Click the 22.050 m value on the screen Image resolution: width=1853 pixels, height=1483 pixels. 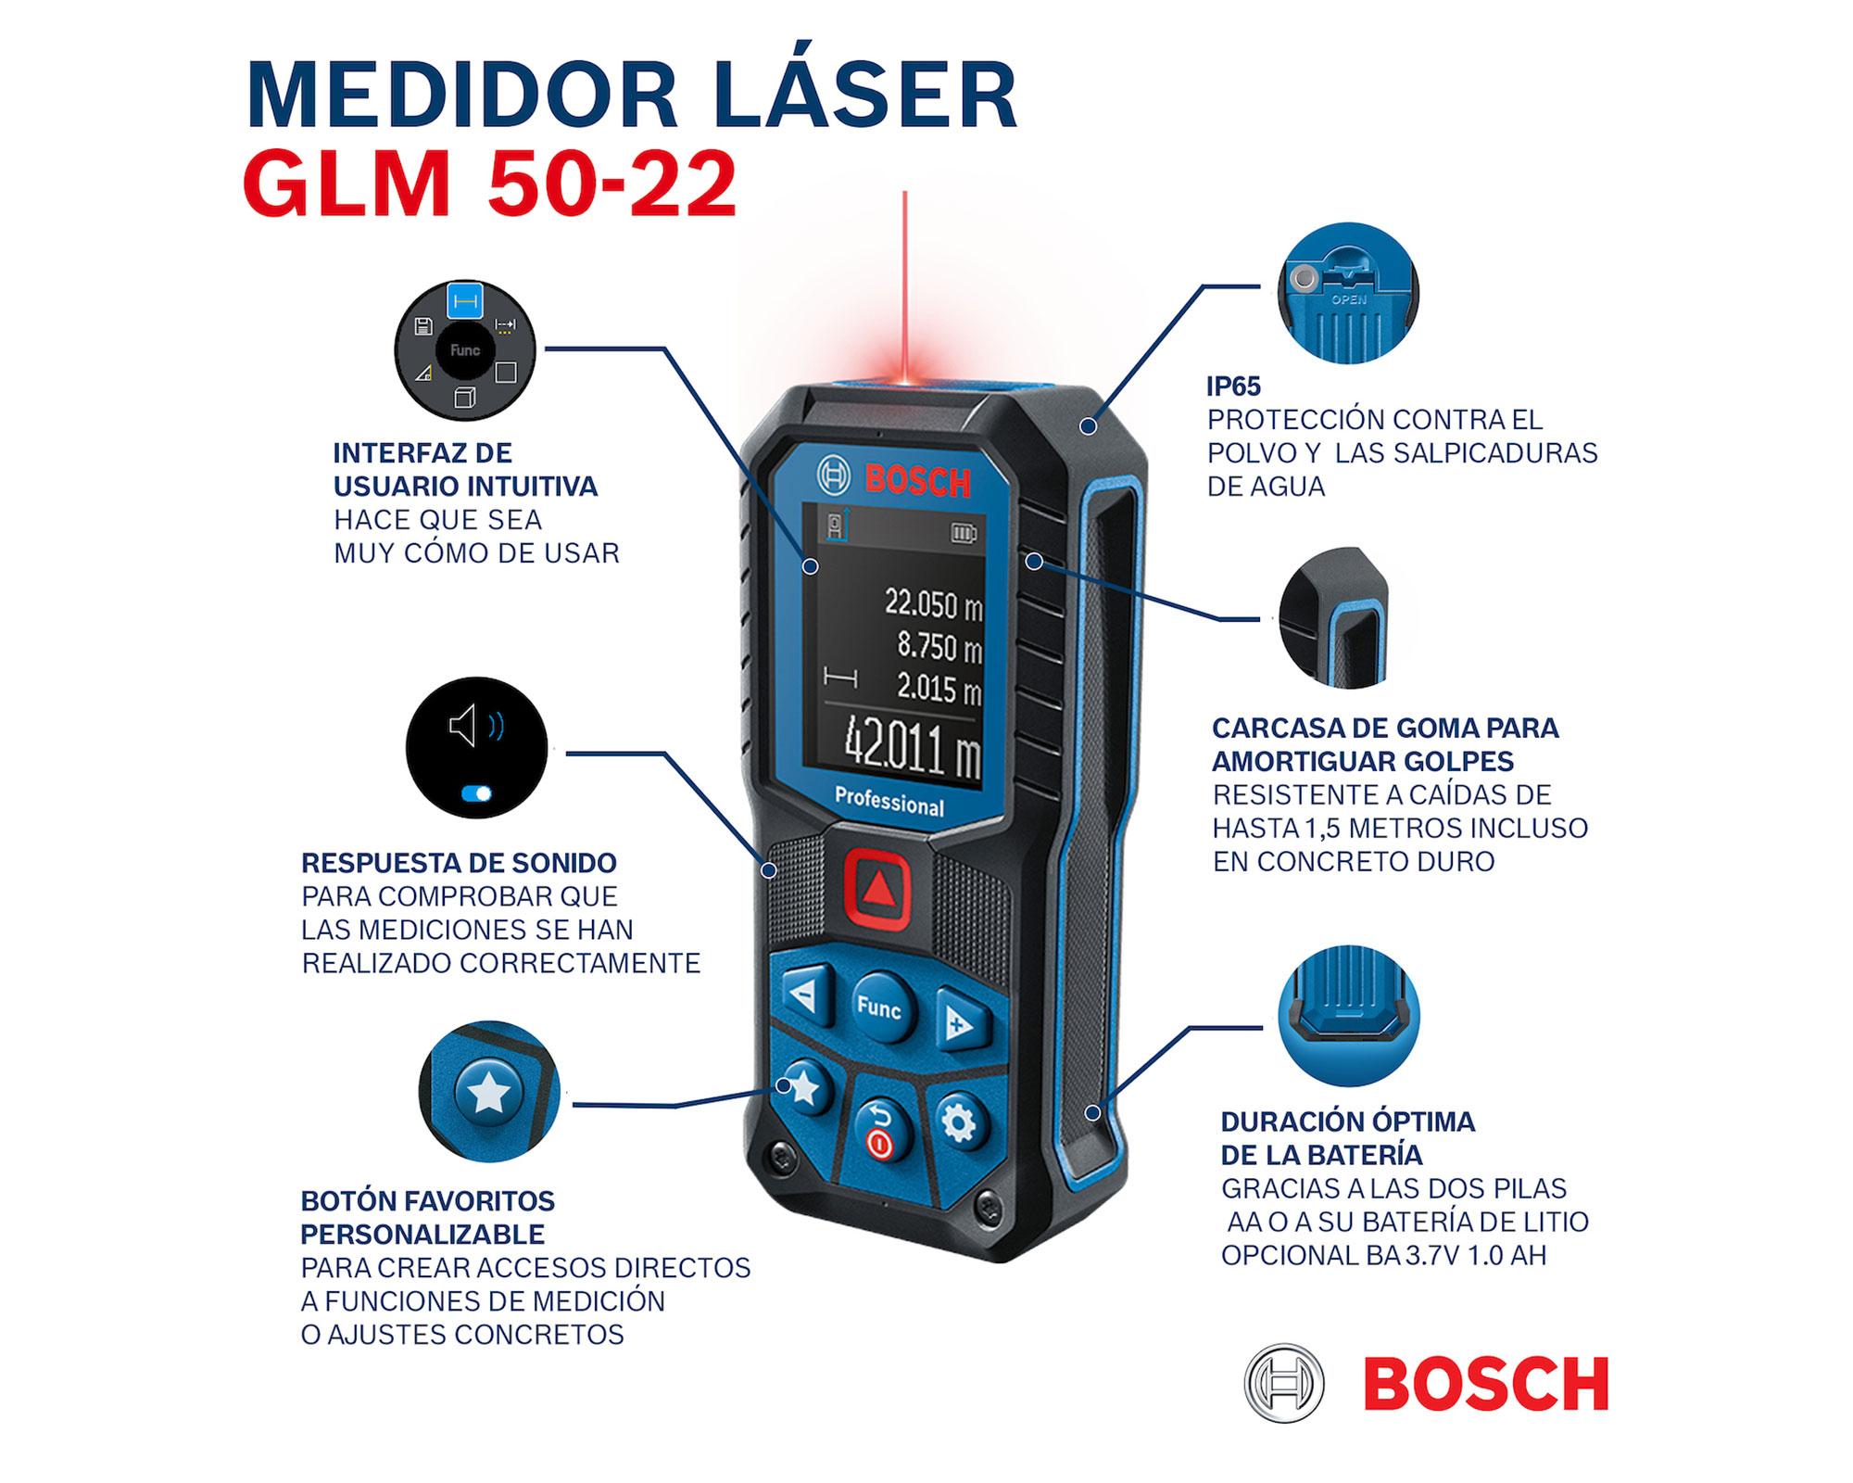pos(932,604)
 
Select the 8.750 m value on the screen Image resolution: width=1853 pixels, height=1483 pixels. pos(939,647)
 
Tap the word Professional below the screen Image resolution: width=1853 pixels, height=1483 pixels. pos(889,802)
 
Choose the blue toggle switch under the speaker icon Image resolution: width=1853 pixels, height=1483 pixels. pos(477,793)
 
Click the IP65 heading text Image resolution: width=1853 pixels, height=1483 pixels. pos(1233,387)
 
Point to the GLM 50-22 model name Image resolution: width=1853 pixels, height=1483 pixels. pos(490,184)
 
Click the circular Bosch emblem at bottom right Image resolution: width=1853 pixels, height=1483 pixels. pos(1283,1383)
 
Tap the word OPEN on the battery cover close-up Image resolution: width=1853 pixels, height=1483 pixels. pos(1348,300)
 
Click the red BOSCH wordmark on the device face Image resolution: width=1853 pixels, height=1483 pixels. pos(917,481)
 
